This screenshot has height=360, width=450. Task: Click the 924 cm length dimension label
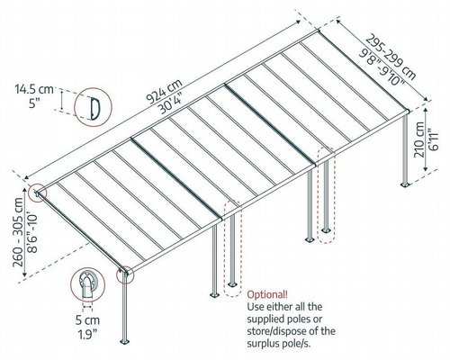click(164, 92)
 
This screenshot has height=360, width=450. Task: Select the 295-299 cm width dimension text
click(390, 57)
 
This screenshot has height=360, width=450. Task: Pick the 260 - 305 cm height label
click(18, 232)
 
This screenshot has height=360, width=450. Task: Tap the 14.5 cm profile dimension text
click(34, 89)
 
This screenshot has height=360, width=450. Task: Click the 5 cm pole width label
click(87, 320)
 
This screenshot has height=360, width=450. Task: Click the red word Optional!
click(267, 294)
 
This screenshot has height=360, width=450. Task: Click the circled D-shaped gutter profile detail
click(93, 106)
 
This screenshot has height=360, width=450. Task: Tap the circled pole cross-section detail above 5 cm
click(87, 285)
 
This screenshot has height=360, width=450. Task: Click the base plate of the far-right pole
click(406, 184)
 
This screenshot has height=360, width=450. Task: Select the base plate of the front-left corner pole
click(124, 342)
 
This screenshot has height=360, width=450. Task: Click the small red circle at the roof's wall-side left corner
click(37, 193)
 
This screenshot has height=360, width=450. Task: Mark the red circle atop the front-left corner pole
click(125, 274)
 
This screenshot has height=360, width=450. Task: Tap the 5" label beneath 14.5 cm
click(35, 103)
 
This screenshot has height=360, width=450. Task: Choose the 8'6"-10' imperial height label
click(32, 232)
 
